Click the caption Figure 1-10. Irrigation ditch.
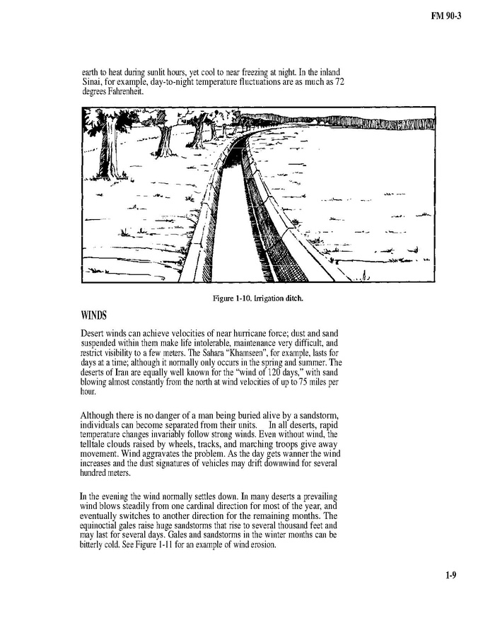pos(257,298)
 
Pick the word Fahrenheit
pos(130,92)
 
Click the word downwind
pos(285,464)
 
